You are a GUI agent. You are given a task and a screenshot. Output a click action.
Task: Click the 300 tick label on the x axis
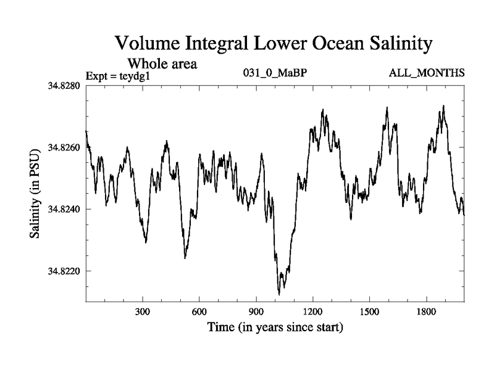[x=143, y=311]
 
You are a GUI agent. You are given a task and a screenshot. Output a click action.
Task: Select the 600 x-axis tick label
[x=199, y=311]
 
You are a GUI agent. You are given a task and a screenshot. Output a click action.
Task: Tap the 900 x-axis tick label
[x=256, y=311]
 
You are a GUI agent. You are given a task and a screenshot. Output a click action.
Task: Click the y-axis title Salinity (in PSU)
[x=35, y=194]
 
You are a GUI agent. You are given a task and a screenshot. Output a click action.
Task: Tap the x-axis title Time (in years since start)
[x=275, y=326]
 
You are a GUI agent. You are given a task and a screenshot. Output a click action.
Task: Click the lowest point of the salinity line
[x=279, y=294]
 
